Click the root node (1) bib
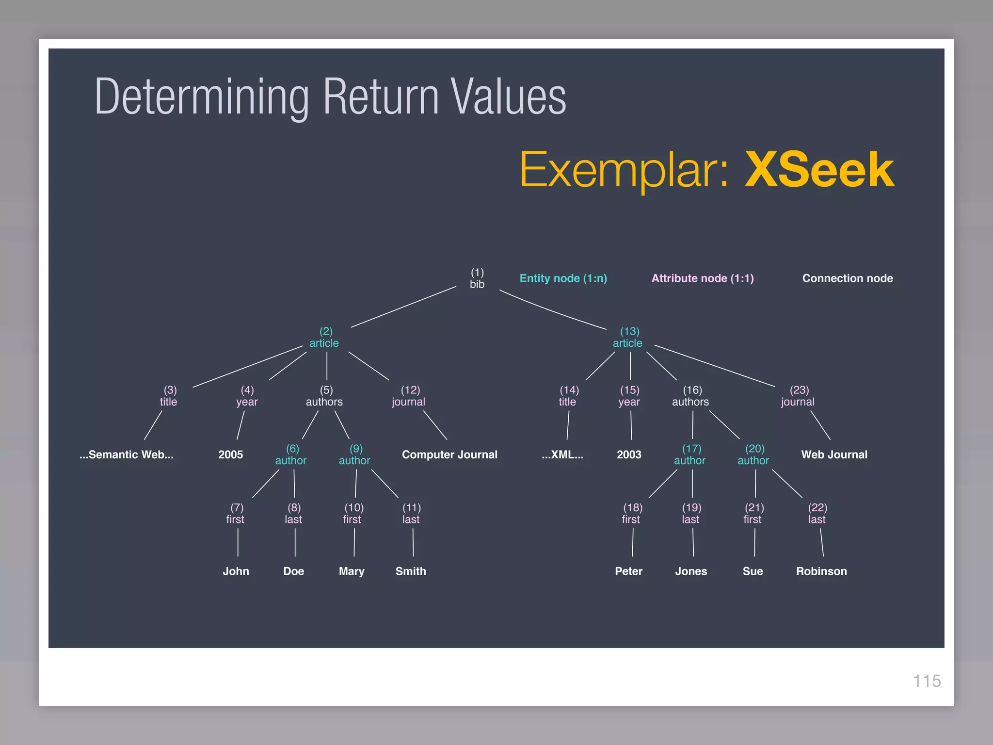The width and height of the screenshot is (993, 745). [477, 278]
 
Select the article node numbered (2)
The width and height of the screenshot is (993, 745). [324, 338]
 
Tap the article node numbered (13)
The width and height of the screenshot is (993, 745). [628, 338]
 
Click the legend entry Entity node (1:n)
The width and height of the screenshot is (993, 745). [563, 278]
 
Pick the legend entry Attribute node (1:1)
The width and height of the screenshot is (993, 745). [702, 278]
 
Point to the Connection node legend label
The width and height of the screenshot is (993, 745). [847, 278]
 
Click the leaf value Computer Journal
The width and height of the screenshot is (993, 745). [449, 454]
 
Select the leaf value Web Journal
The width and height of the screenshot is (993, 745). [834, 454]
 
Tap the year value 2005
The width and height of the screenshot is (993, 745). [230, 454]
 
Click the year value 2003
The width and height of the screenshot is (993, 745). [629, 454]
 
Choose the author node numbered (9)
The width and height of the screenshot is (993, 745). [354, 455]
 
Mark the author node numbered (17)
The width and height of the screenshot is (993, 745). [690, 455]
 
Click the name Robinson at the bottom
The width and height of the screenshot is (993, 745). [821, 571]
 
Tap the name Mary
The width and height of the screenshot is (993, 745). [352, 571]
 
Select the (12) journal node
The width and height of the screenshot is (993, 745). [409, 396]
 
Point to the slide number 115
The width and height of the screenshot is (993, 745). [927, 681]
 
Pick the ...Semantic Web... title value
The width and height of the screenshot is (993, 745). [127, 454]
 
